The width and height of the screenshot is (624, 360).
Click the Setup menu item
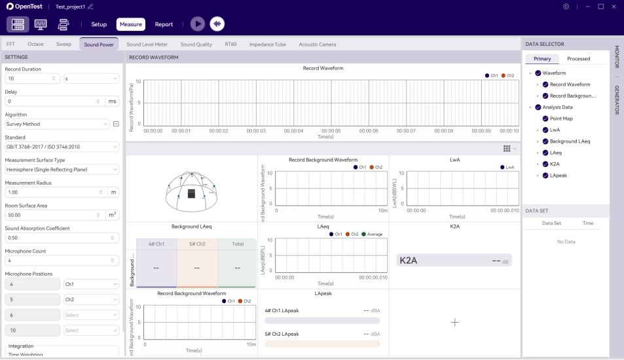99,24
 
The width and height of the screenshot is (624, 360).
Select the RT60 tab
230,45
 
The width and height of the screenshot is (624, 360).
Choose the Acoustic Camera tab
318,45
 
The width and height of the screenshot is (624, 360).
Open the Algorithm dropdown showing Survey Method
58,124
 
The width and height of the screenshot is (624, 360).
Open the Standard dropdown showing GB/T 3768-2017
62,146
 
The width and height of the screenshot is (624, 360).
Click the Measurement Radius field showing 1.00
52,192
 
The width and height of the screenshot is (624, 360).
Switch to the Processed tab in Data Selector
578,59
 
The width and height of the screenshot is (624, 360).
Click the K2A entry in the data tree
555,164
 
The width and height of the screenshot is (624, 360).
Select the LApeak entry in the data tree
559,175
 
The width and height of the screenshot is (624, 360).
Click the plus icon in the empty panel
455,322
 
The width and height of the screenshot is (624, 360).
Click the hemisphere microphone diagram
191,190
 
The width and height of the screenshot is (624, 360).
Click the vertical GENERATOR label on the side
616,99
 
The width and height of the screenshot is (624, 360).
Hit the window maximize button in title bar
600,7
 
